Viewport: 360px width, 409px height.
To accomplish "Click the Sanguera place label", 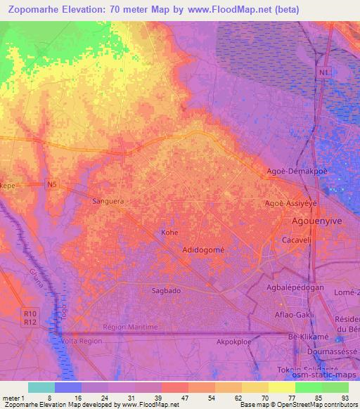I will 108,201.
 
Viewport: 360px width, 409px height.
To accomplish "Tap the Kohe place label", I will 169,232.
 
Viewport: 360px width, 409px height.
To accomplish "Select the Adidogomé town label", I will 203,249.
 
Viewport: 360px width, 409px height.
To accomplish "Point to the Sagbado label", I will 165,290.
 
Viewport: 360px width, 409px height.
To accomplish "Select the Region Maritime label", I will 127,326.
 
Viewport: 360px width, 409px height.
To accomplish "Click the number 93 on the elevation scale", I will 345,396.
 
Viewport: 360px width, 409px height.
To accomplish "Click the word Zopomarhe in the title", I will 39,10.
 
